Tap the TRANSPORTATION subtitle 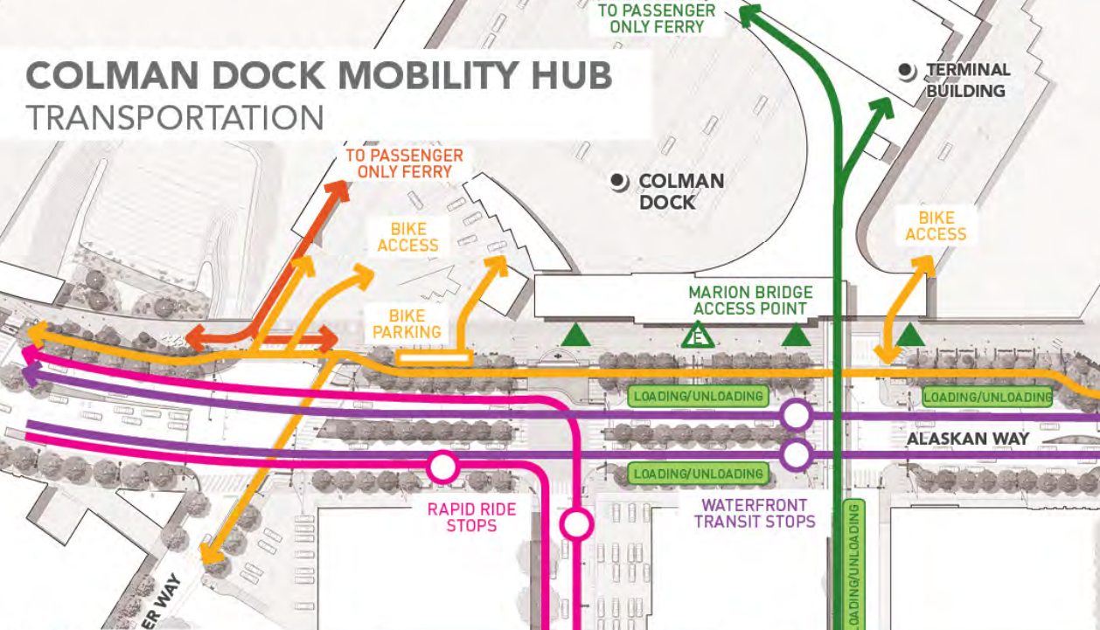175,118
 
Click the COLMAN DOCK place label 669,191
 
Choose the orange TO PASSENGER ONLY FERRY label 404,163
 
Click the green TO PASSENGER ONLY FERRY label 656,18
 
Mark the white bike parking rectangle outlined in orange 434,357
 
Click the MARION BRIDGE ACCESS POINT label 750,300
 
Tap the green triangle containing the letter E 698,335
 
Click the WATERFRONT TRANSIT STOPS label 755,513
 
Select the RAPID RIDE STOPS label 471,516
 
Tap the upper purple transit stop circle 796,415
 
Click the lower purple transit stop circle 796,454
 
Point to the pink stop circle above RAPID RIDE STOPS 442,467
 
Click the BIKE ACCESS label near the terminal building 936,225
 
